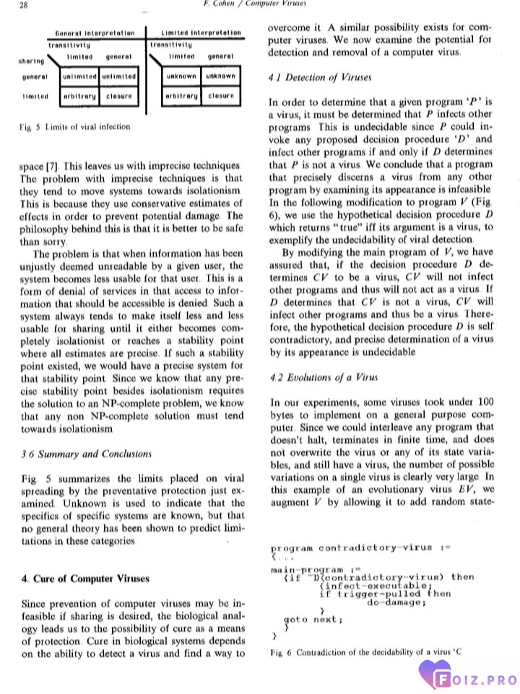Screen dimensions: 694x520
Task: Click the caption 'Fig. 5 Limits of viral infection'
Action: click(75, 127)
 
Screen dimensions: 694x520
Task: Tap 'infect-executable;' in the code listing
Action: click(376, 585)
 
